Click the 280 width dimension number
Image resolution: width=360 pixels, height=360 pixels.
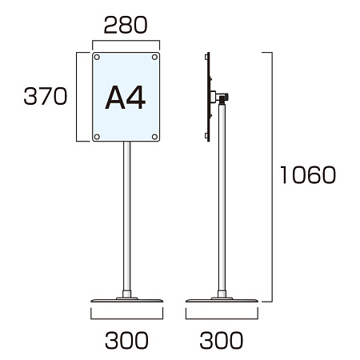[126, 25]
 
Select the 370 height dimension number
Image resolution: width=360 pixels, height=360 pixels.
[46, 96]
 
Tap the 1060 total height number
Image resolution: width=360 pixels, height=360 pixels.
[308, 174]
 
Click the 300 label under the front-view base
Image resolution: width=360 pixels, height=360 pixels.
[126, 340]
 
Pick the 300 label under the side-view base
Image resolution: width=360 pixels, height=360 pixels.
[222, 340]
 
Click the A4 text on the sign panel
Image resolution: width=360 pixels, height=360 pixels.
[126, 98]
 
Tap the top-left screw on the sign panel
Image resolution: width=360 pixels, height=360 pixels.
[97, 57]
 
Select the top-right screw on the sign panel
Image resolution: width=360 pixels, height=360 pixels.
[154, 57]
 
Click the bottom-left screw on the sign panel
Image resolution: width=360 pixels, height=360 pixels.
[97, 137]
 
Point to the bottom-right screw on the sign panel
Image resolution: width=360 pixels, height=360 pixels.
[154, 137]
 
